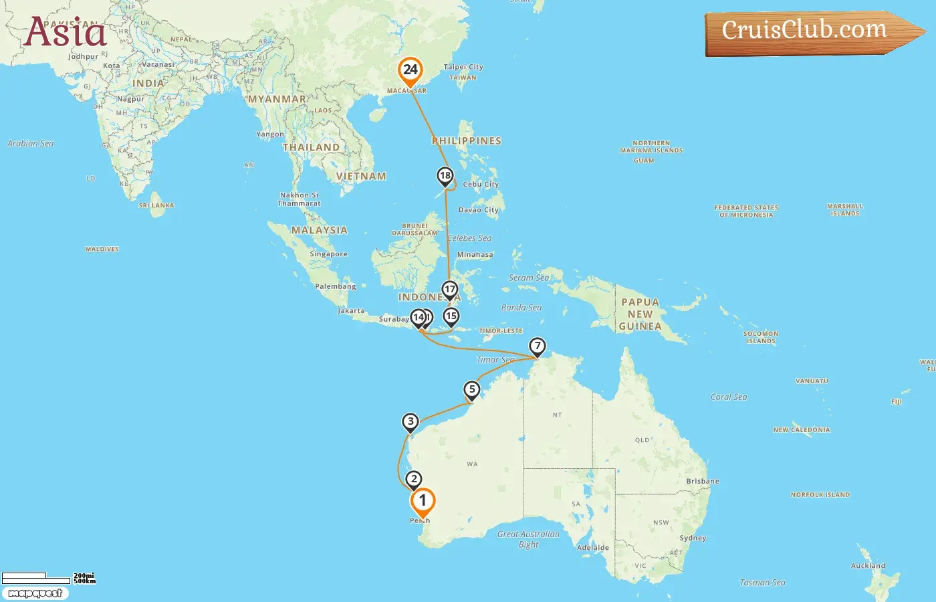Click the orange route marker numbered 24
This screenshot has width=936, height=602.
tap(410, 70)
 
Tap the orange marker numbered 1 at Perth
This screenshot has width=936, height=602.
tap(422, 501)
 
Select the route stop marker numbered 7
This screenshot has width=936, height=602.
tap(537, 346)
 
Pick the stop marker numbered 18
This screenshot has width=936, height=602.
tap(445, 176)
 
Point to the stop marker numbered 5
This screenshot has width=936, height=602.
tap(472, 389)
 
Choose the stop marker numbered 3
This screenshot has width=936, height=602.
tap(411, 421)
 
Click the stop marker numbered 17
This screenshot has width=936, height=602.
tap(450, 290)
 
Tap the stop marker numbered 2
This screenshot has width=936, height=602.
tap(414, 479)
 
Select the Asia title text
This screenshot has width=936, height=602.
tap(66, 32)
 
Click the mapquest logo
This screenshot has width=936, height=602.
tap(35, 593)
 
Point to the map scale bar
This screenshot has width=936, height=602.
tap(37, 578)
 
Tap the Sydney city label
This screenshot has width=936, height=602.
tap(693, 538)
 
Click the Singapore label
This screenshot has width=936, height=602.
tap(328, 254)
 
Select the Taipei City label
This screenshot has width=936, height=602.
tap(463, 67)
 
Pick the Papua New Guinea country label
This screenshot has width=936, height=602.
tap(640, 314)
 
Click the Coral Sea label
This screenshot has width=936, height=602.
tap(729, 397)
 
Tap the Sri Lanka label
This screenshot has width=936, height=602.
tap(156, 205)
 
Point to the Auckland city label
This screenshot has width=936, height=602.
tap(868, 566)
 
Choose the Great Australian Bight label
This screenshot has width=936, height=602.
tap(528, 539)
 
